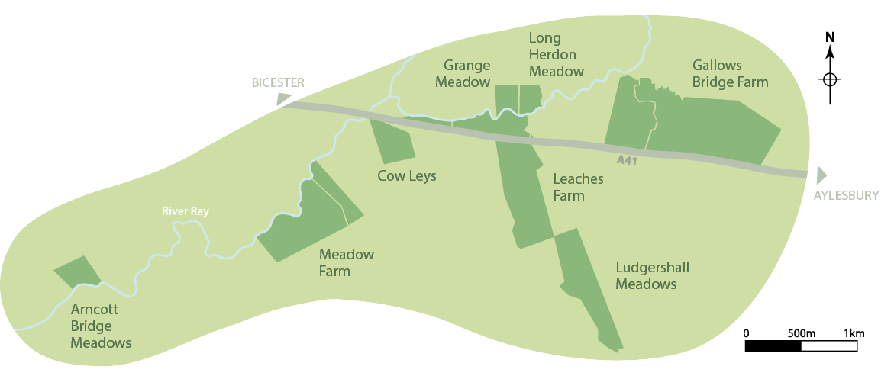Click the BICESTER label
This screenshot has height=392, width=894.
(x=279, y=82)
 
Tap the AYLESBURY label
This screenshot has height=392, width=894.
(x=846, y=195)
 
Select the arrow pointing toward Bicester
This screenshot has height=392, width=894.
(x=284, y=98)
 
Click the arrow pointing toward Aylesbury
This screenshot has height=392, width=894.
(x=821, y=175)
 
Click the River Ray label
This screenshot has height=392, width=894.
(x=185, y=211)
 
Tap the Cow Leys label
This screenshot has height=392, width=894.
(x=407, y=176)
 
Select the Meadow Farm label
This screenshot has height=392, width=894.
(x=347, y=262)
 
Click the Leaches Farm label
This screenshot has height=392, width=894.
(x=578, y=188)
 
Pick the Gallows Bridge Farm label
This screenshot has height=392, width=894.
(x=730, y=73)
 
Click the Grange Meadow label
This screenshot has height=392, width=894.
(x=463, y=73)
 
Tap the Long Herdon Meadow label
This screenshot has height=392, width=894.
(x=557, y=55)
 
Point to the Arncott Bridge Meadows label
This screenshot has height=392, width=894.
(x=101, y=326)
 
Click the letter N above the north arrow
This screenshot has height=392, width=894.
(x=831, y=37)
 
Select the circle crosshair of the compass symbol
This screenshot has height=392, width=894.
(x=831, y=79)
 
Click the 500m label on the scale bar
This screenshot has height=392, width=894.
(x=802, y=333)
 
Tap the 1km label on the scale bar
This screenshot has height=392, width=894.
(x=854, y=333)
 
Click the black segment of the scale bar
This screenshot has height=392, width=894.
(x=773, y=345)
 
